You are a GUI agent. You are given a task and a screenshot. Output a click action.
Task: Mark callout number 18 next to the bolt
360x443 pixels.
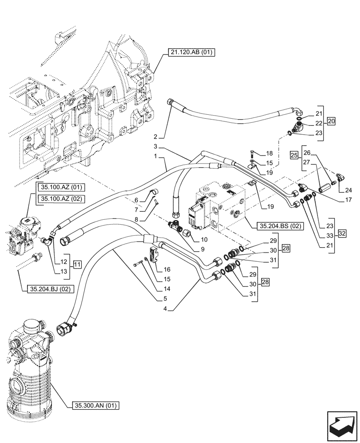coord(269,153)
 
